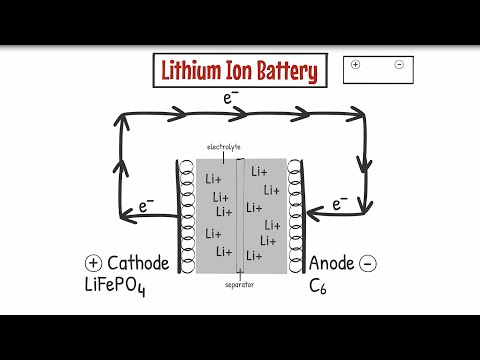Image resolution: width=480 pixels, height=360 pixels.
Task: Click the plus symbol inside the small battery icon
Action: coord(356,64)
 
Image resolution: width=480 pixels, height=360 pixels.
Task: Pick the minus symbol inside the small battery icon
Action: coord(398,64)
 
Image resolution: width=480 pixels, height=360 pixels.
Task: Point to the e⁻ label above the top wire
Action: coord(231,98)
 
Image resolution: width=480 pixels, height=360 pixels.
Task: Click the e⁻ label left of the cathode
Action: coord(147,206)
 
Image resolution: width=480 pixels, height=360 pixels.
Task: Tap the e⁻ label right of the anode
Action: coord(340,204)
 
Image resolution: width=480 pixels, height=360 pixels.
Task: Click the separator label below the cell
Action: coord(240,284)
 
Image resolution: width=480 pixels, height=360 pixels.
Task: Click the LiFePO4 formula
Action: coord(125,287)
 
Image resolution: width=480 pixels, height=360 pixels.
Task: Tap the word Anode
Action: coord(330,263)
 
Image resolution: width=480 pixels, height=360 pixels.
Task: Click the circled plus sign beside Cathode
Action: coord(93,263)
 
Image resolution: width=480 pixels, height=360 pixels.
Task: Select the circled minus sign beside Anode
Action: coord(367,263)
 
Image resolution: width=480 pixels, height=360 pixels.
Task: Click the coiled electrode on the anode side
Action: coord(294,214)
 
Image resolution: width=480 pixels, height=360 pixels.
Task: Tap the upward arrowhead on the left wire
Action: coord(122,124)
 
